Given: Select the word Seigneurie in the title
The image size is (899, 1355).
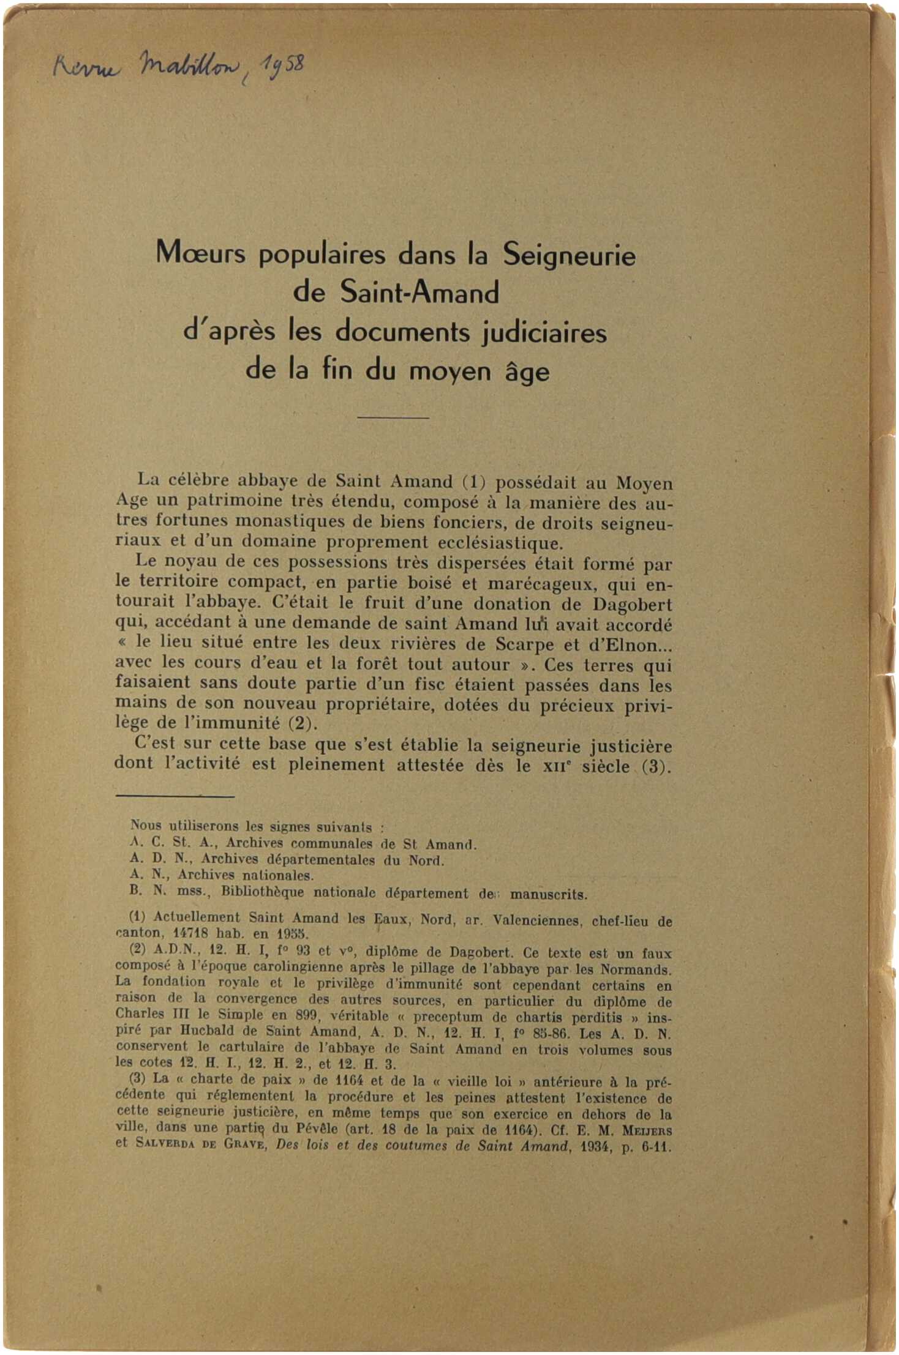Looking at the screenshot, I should tap(569, 256).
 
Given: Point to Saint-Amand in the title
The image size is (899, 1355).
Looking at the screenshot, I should tap(419, 293).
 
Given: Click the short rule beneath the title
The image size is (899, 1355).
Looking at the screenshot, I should tap(393, 417).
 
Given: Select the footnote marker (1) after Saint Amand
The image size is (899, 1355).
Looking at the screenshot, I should tap(473, 482).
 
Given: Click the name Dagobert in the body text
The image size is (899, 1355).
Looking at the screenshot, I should tap(632, 605).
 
